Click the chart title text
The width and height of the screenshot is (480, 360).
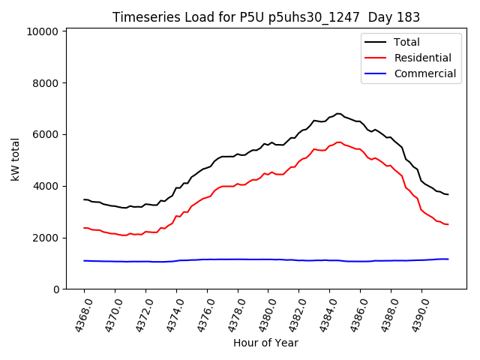pos(266,17)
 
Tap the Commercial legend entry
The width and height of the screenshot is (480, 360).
pos(424,73)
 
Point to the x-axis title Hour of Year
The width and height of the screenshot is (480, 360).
pos(265,343)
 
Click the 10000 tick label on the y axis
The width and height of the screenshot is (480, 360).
pos(42,31)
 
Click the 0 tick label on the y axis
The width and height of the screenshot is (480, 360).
pos(55,289)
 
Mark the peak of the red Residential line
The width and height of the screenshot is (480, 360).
pos(338,142)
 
